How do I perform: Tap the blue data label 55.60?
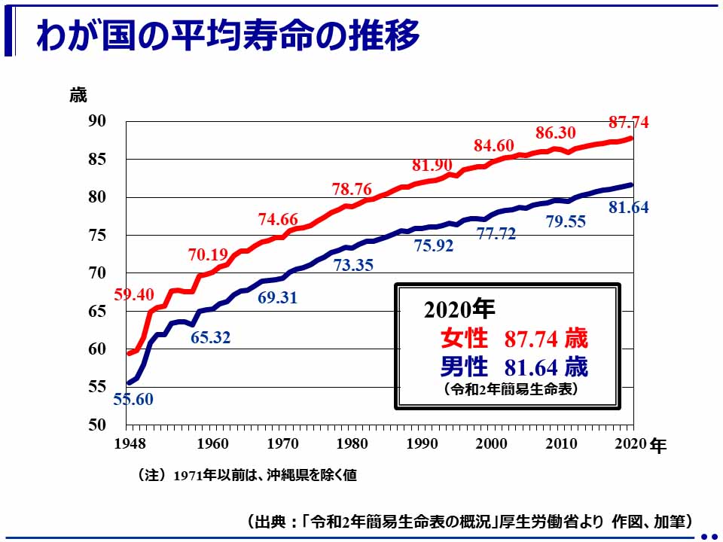click(x=133, y=400)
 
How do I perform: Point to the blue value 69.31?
click(x=277, y=297)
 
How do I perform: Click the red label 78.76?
click(x=352, y=189)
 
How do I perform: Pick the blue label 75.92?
click(x=435, y=245)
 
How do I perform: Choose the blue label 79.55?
click(x=566, y=221)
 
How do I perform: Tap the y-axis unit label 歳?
click(x=78, y=96)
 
